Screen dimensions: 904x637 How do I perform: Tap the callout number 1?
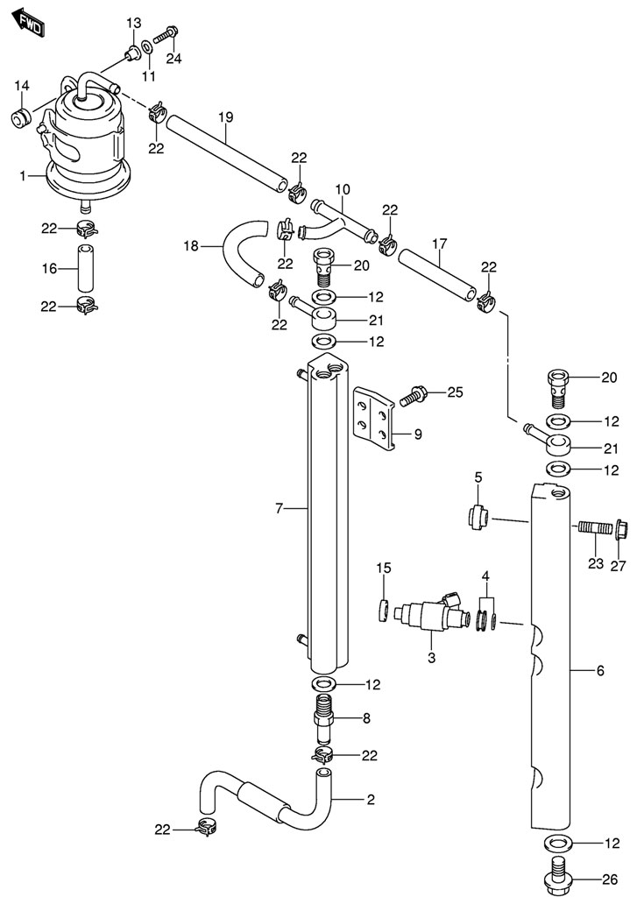[23, 177]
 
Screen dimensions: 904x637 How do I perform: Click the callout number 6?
[599, 671]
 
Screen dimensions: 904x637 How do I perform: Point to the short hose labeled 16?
[85, 267]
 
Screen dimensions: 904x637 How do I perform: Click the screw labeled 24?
[165, 37]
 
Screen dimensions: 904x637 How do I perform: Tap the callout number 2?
[371, 799]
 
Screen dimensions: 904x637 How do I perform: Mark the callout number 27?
[619, 565]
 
